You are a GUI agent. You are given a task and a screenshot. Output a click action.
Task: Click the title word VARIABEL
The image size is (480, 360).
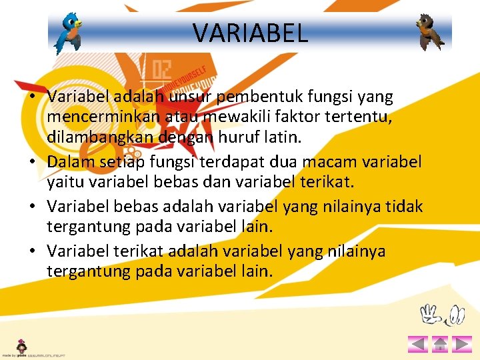coord(250,32)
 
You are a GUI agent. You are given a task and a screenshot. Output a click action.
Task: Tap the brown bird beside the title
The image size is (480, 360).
coord(430,32)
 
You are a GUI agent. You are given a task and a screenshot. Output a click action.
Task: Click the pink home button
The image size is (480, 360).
coord(439,344)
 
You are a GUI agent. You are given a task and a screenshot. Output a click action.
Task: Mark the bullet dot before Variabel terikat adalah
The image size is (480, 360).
coord(32,251)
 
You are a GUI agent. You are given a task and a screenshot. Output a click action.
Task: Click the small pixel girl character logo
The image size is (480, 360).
coord(22,346)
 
